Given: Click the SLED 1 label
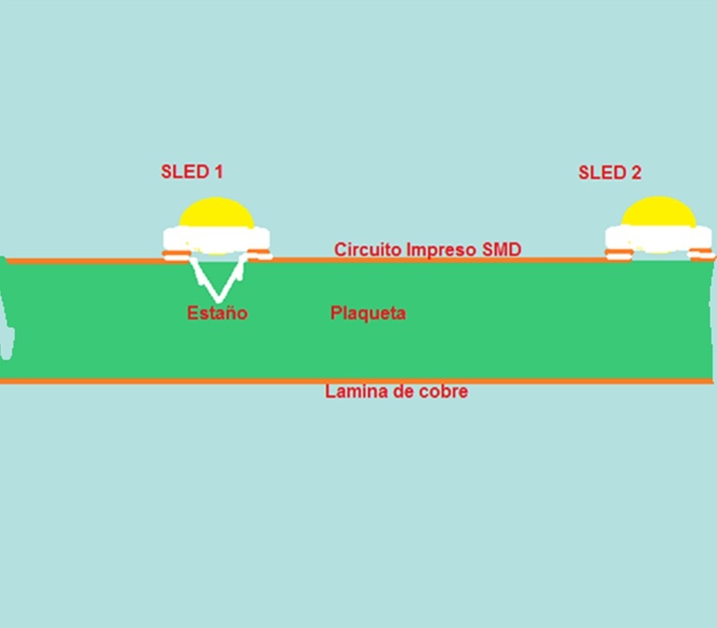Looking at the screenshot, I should [191, 171].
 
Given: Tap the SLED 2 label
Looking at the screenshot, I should [610, 173].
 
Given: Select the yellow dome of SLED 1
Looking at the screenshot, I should [215, 214].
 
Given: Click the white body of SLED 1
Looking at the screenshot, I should [217, 238].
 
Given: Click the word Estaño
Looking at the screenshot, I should [217, 313].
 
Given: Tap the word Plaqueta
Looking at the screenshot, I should [368, 313].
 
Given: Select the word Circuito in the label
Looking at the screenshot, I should [368, 250].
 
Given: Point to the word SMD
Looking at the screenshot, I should [502, 250].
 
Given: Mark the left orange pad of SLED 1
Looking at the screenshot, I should [176, 255].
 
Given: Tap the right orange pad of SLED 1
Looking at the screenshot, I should [259, 255].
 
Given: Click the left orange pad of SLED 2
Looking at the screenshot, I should [618, 255].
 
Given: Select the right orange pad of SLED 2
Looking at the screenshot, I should [701, 255].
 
